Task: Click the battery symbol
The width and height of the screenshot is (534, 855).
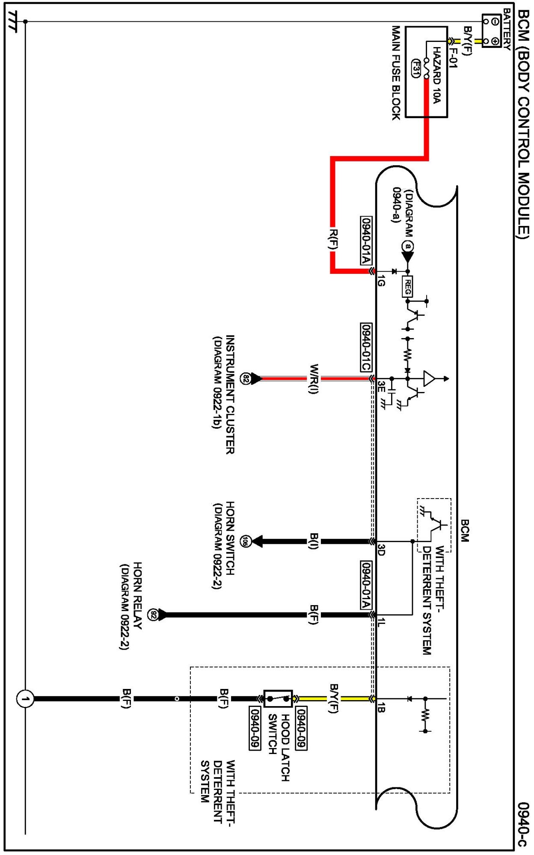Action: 491,31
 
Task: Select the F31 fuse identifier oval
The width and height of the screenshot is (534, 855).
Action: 415,68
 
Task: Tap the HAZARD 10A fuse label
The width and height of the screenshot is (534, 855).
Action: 436,75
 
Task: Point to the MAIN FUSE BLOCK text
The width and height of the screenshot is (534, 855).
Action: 396,73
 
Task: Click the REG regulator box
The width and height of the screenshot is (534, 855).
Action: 407,286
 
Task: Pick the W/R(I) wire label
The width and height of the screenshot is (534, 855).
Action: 314,379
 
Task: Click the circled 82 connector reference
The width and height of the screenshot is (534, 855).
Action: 245,378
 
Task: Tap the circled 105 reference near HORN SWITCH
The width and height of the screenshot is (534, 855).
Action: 245,541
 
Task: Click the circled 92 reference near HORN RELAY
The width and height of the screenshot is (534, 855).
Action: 153,615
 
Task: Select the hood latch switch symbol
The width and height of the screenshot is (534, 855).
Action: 278,699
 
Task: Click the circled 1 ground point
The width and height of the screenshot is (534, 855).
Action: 25,699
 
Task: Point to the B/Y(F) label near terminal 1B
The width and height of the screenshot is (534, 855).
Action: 334,698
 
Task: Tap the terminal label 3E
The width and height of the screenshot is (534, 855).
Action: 381,387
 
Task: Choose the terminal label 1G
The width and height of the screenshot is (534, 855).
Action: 381,281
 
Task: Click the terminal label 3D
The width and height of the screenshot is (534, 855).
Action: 381,550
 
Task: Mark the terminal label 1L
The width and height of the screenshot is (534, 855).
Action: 381,623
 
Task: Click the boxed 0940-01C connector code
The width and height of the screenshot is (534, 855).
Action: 366,347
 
